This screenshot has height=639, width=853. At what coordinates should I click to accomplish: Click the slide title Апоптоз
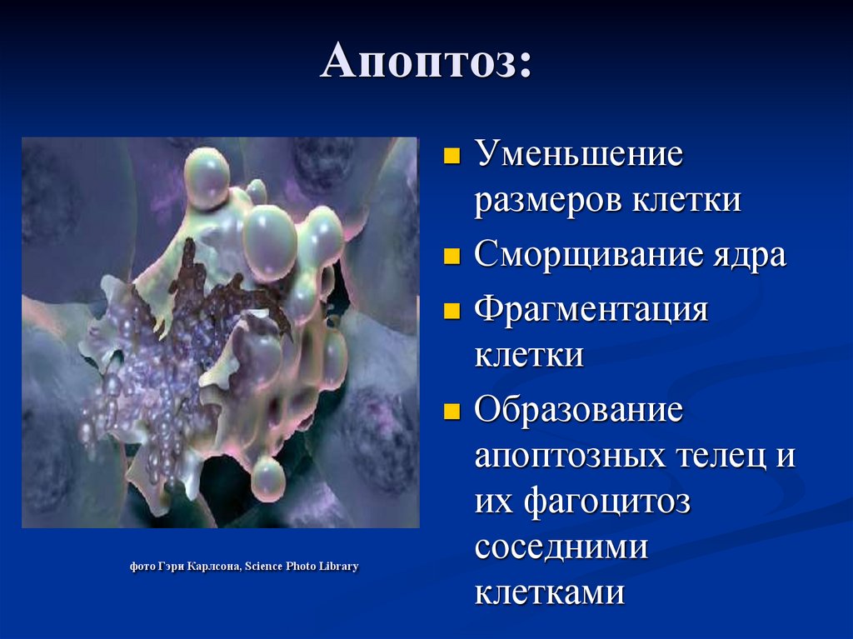[426, 61]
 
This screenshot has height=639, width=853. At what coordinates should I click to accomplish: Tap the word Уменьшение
[579, 153]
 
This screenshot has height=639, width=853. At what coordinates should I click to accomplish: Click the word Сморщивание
[587, 254]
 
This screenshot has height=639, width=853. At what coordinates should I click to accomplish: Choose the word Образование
[579, 409]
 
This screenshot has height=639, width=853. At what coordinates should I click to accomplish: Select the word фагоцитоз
[607, 502]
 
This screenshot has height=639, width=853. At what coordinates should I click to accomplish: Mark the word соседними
[561, 548]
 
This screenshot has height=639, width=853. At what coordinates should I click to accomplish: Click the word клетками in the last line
[550, 592]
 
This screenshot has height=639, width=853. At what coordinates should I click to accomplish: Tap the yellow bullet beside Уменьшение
[452, 156]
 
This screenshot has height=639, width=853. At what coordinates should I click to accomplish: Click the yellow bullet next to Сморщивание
[452, 256]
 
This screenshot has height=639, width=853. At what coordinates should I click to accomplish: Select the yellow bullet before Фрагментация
[452, 311]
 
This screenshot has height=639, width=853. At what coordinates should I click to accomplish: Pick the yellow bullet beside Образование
[452, 411]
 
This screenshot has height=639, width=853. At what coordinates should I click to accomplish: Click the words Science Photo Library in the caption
[302, 567]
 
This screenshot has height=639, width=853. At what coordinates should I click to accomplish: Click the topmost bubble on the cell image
[207, 178]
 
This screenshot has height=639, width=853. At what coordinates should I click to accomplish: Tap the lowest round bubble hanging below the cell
[267, 479]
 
